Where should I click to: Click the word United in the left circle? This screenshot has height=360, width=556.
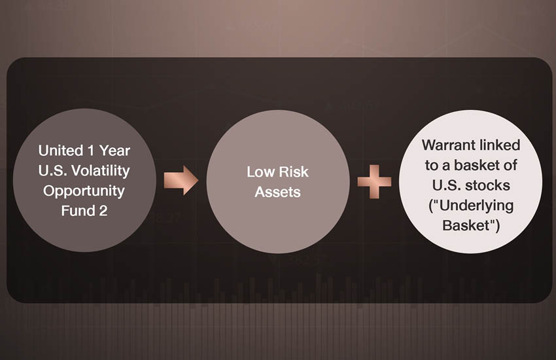tap(61, 151)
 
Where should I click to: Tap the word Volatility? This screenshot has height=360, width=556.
tap(101, 171)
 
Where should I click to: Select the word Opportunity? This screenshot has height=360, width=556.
tap(84, 192)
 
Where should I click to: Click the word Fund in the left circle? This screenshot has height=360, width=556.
tap(76, 211)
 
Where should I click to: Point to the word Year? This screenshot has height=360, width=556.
tap(114, 151)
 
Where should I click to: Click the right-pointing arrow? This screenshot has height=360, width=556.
tap(181, 180)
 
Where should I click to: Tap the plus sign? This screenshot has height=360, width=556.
tap(374, 181)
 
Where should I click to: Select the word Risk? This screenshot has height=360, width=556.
tap(294, 172)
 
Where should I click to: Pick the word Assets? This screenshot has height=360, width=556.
tap(277, 192)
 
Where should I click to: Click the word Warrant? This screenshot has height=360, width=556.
tap(447, 145)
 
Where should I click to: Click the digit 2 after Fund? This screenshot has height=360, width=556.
tap(103, 211)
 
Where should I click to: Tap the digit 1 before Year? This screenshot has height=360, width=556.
tap(91, 151)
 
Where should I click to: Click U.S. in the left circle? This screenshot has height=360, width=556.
tap(53, 171)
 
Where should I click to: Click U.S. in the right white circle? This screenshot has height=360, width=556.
tap(447, 185)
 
